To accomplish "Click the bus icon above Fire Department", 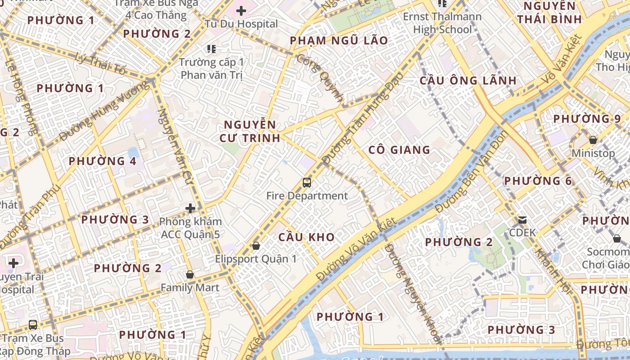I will tap(307, 182).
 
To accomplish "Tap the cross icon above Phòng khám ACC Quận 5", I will tap(190, 208).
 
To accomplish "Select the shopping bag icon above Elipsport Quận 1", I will tap(256, 246).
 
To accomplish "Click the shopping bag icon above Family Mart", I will tap(190, 274).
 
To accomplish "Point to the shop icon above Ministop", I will tap(593, 140).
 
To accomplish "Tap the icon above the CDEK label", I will tap(522, 220).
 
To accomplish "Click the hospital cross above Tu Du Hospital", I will tap(241, 10).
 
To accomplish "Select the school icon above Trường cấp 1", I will tap(211, 49).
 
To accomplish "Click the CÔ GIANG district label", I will tap(399, 150).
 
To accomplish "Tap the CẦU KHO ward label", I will tap(306, 237).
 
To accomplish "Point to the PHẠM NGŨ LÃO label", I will tap(339, 40).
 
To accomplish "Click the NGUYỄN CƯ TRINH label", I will tap(250, 131).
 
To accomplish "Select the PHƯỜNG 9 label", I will tap(587, 119).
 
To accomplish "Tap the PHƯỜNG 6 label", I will tap(538, 181).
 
